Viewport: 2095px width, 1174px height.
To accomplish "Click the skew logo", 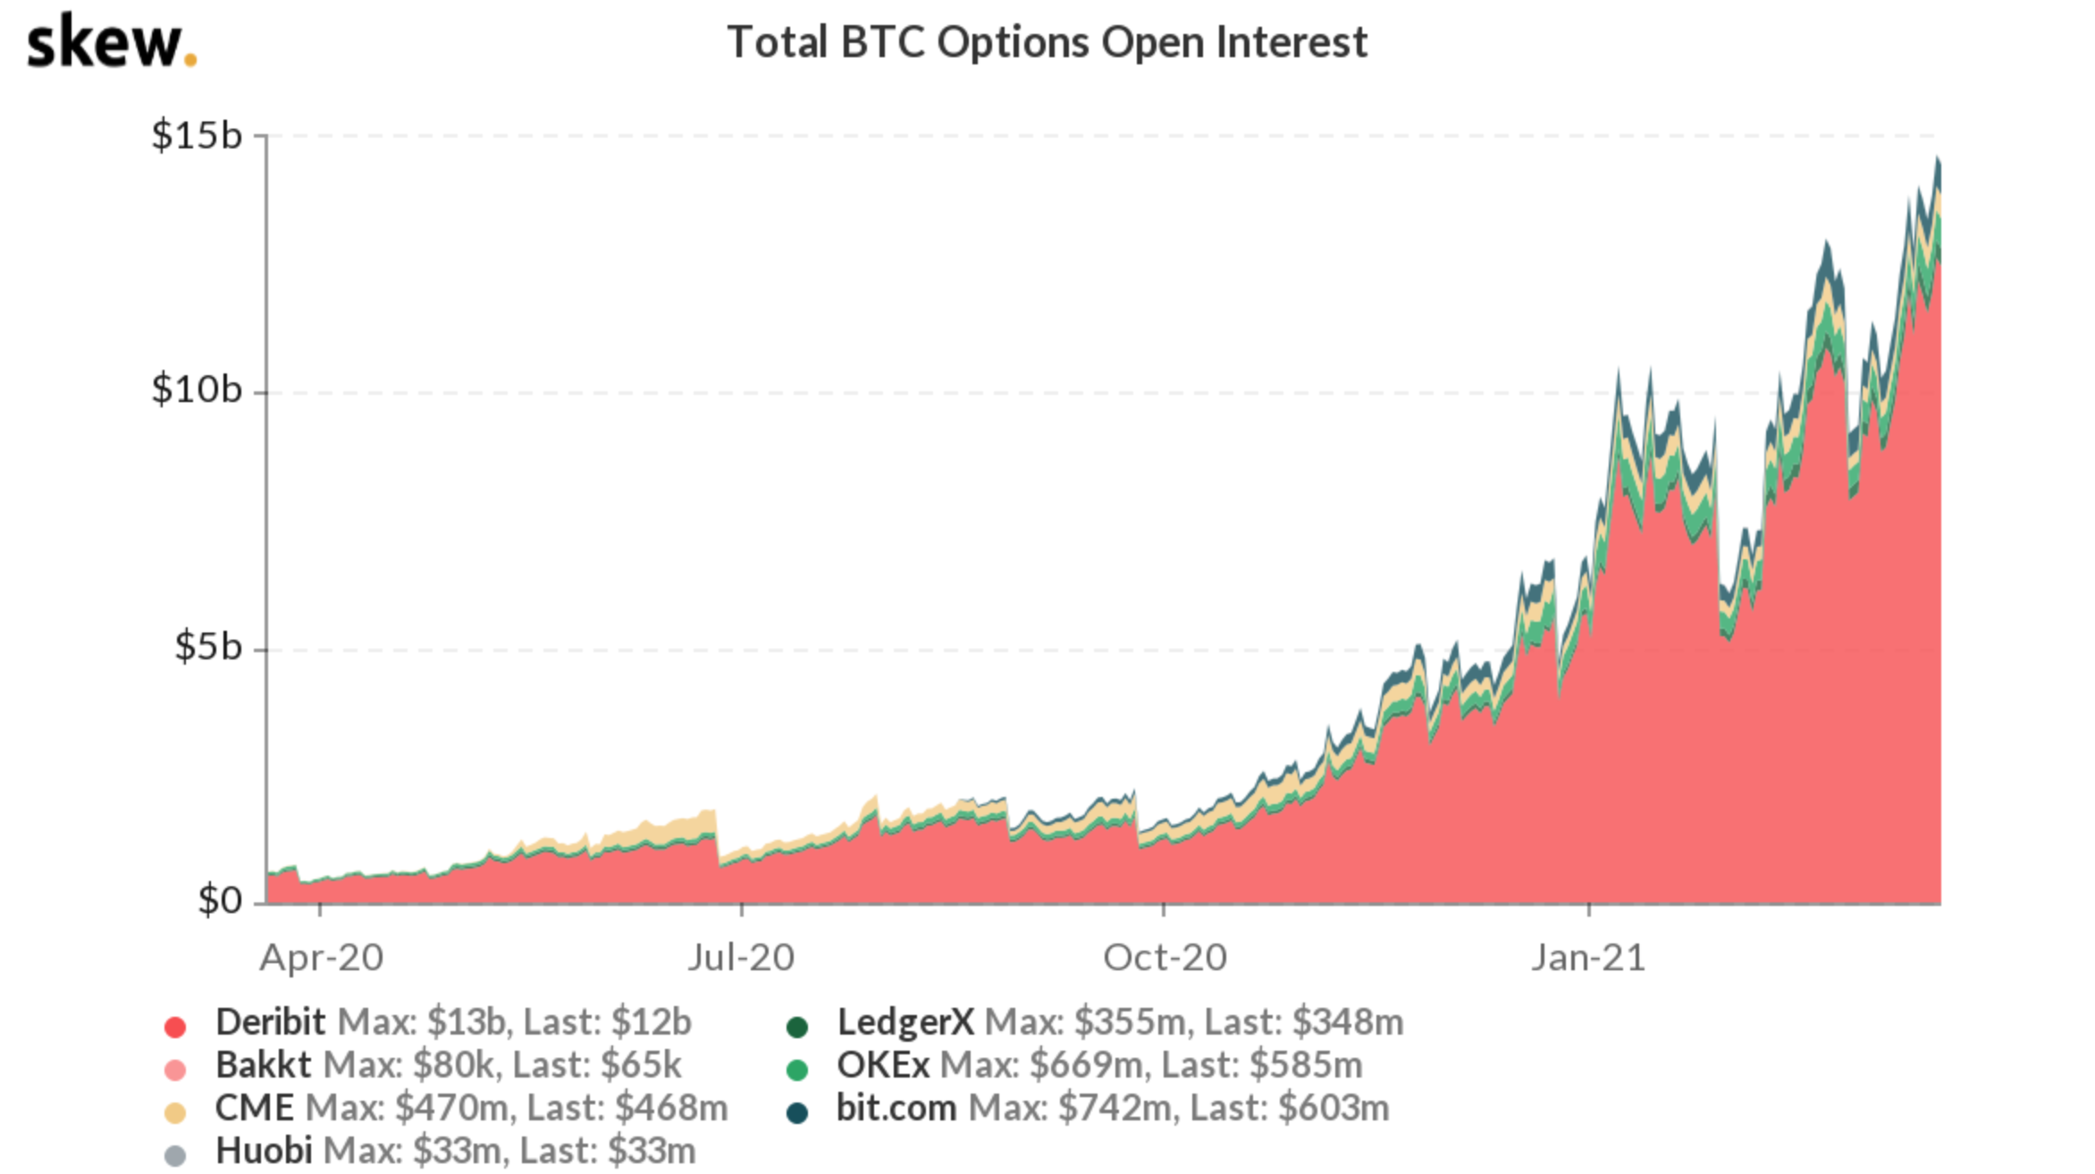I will (111, 43).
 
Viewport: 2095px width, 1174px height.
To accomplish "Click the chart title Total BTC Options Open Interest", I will (1047, 42).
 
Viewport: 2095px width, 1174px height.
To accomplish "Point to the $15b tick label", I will (197, 136).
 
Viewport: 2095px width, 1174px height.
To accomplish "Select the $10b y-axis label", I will (197, 390).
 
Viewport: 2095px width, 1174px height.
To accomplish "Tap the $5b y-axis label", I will (207, 647).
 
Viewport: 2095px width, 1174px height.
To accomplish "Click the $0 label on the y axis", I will (219, 901).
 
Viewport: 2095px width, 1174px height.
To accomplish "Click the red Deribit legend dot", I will (175, 1027).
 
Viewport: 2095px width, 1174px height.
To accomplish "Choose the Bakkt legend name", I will (263, 1065).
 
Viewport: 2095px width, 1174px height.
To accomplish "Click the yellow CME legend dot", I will (175, 1113).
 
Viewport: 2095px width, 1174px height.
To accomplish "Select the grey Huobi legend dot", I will (175, 1156).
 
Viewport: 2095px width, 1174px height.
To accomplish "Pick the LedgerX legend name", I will (904, 1022).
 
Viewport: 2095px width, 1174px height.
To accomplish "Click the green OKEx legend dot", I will (796, 1070).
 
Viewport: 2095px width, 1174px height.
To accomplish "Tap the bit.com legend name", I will (896, 1109).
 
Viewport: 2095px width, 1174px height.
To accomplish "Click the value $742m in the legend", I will (1114, 1109).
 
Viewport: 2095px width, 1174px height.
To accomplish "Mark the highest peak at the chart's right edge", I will (1937, 159).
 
